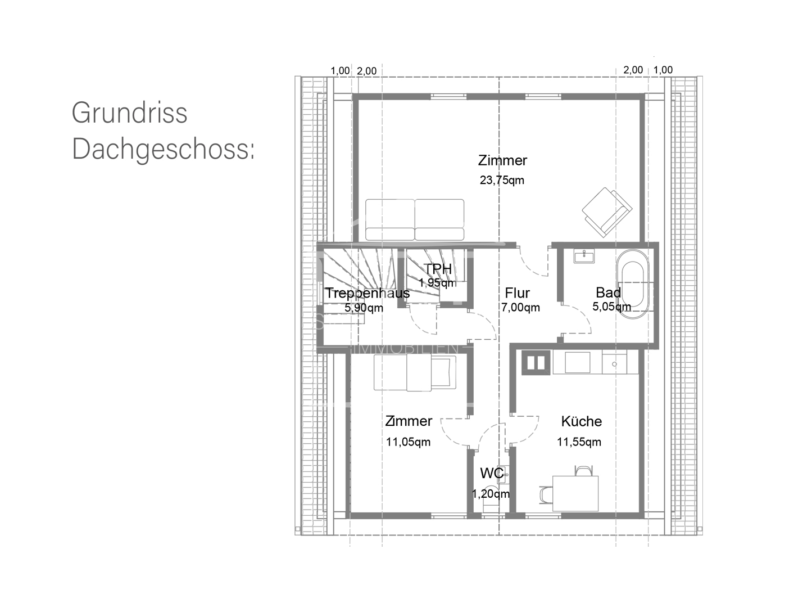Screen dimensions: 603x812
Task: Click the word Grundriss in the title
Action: [129, 112]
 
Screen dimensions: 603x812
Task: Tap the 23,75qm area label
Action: [502, 181]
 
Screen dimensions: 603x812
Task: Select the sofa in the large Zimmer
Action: [415, 219]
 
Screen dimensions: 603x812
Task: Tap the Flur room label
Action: [517, 293]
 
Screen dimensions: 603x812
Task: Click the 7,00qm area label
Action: [520, 308]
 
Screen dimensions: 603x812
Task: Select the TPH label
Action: [438, 269]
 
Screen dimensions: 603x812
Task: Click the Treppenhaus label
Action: [368, 293]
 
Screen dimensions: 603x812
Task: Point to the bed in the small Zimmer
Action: [415, 372]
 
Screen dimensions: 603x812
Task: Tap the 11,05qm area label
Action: [408, 442]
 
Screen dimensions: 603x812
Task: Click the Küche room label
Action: [581, 421]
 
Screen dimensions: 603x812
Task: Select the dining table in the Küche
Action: [575, 493]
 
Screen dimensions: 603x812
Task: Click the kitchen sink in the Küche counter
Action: [615, 363]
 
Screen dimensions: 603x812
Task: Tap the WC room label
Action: [492, 472]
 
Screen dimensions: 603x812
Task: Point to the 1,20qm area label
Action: [491, 494]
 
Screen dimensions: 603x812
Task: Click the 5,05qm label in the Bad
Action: [611, 307]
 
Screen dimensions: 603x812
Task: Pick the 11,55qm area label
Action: [579, 442]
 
